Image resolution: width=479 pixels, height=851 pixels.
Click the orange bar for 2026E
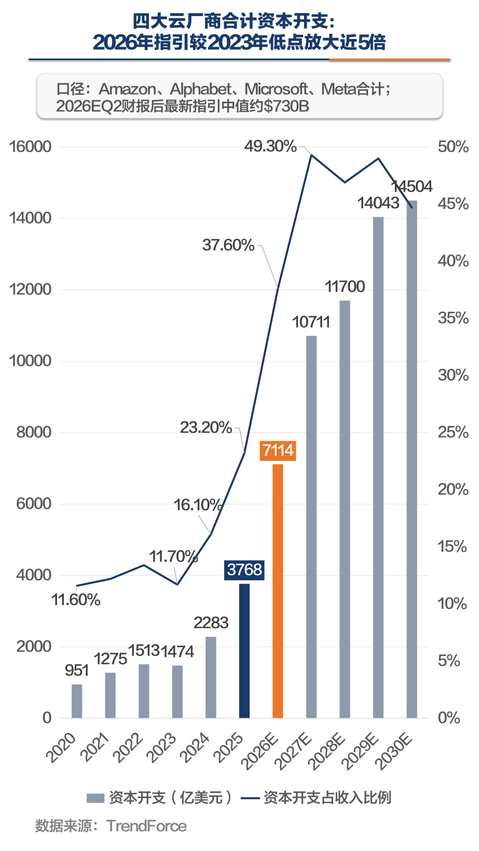(278, 591)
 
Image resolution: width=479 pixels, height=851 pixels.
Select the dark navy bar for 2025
(244, 651)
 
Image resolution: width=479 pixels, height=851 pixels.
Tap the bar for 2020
(77, 701)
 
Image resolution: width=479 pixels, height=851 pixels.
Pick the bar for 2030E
(412, 459)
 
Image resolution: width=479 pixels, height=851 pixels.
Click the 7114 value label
(278, 451)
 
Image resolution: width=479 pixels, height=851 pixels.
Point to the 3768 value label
(244, 570)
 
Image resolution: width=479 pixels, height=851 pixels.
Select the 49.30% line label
(270, 146)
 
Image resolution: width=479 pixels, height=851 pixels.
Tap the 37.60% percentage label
(228, 245)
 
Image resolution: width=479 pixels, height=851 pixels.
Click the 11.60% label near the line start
(76, 600)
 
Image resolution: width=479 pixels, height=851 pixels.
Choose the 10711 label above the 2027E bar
(311, 322)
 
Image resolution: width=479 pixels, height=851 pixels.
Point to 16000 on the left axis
(30, 147)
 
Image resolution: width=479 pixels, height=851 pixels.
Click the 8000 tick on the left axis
(34, 433)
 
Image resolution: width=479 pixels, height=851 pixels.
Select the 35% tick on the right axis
(453, 318)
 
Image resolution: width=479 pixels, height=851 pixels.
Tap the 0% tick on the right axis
(448, 718)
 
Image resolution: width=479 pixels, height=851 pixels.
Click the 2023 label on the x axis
(161, 748)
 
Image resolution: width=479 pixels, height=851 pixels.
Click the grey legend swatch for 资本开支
(95, 798)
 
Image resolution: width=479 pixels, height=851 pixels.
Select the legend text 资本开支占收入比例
(327, 798)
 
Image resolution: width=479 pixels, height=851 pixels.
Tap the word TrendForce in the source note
(146, 826)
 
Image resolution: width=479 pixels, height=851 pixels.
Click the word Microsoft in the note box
(276, 89)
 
